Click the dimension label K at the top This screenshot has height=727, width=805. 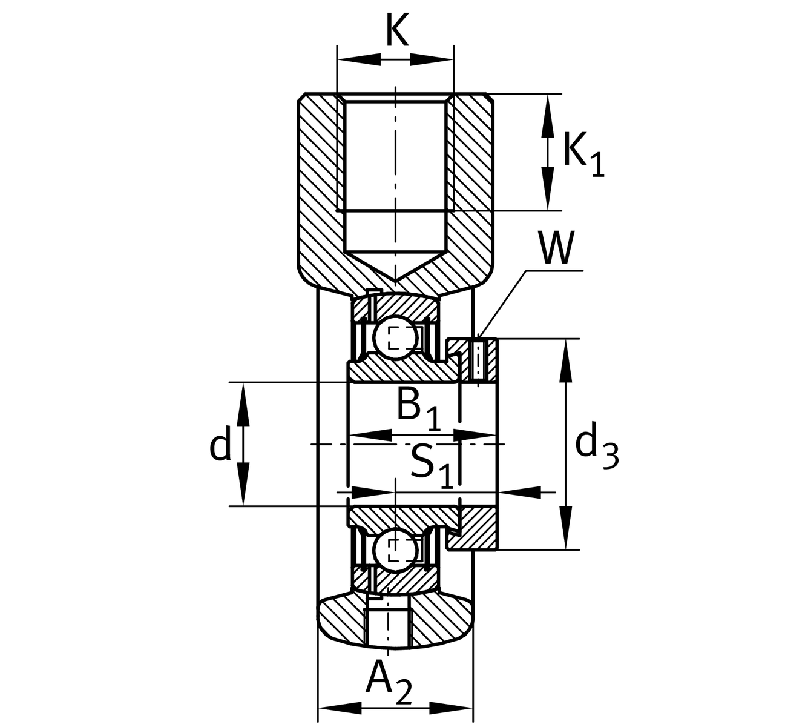[397, 30]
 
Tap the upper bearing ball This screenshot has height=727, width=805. [394, 337]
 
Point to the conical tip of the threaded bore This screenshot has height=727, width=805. [395, 276]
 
